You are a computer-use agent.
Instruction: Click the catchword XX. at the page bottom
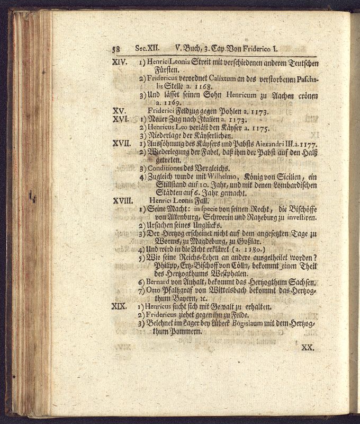pyautogui.click(x=307, y=348)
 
